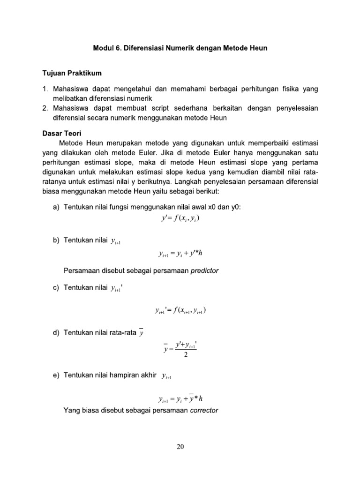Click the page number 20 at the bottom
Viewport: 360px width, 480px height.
point(180,447)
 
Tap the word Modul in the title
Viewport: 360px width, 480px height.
point(104,48)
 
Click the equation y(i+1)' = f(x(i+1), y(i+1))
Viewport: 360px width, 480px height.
point(180,310)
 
